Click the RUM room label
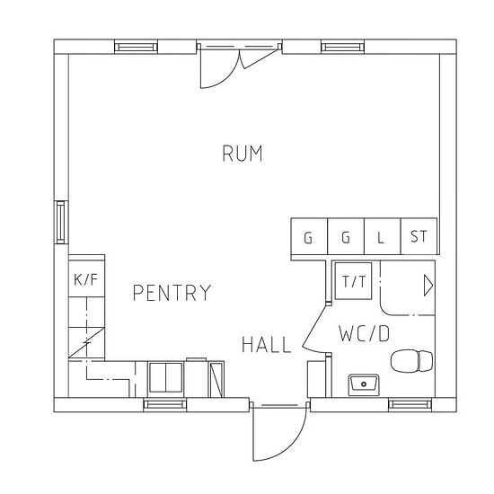(x=243, y=154)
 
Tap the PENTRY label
(x=172, y=293)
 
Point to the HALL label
(x=267, y=344)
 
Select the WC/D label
(x=364, y=333)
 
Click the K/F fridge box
(x=86, y=278)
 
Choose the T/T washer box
(x=353, y=281)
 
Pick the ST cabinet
(x=419, y=236)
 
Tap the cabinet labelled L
(x=382, y=236)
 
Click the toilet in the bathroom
(x=411, y=361)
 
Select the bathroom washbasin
(x=364, y=385)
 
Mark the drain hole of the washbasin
(x=364, y=384)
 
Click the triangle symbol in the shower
(x=428, y=286)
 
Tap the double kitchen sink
(x=166, y=377)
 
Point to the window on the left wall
(x=61, y=222)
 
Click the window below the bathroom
(x=410, y=404)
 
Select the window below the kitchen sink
(x=164, y=404)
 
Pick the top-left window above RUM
(x=136, y=47)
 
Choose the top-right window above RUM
(x=343, y=47)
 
